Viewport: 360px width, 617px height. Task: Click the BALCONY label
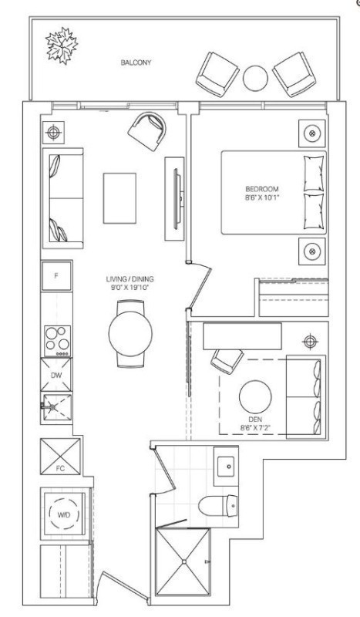[136, 62]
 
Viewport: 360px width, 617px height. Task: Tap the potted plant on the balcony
[62, 46]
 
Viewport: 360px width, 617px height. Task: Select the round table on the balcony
[255, 78]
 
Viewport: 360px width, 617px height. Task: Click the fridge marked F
[56, 276]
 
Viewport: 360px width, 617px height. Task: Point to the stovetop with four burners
[58, 341]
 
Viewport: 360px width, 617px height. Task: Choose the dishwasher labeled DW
[56, 375]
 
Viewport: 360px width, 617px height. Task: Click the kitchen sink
[56, 408]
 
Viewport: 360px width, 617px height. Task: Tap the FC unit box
[60, 456]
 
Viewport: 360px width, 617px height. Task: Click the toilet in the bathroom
[218, 506]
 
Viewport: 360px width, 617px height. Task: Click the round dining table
[130, 334]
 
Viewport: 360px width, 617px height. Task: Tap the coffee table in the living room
[119, 198]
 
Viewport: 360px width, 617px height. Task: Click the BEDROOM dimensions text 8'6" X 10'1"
[262, 197]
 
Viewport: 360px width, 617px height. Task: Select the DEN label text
[255, 419]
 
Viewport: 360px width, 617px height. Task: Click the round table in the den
[255, 396]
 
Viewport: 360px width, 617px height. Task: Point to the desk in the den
[242, 336]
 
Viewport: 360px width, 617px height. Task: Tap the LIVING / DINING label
[130, 279]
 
